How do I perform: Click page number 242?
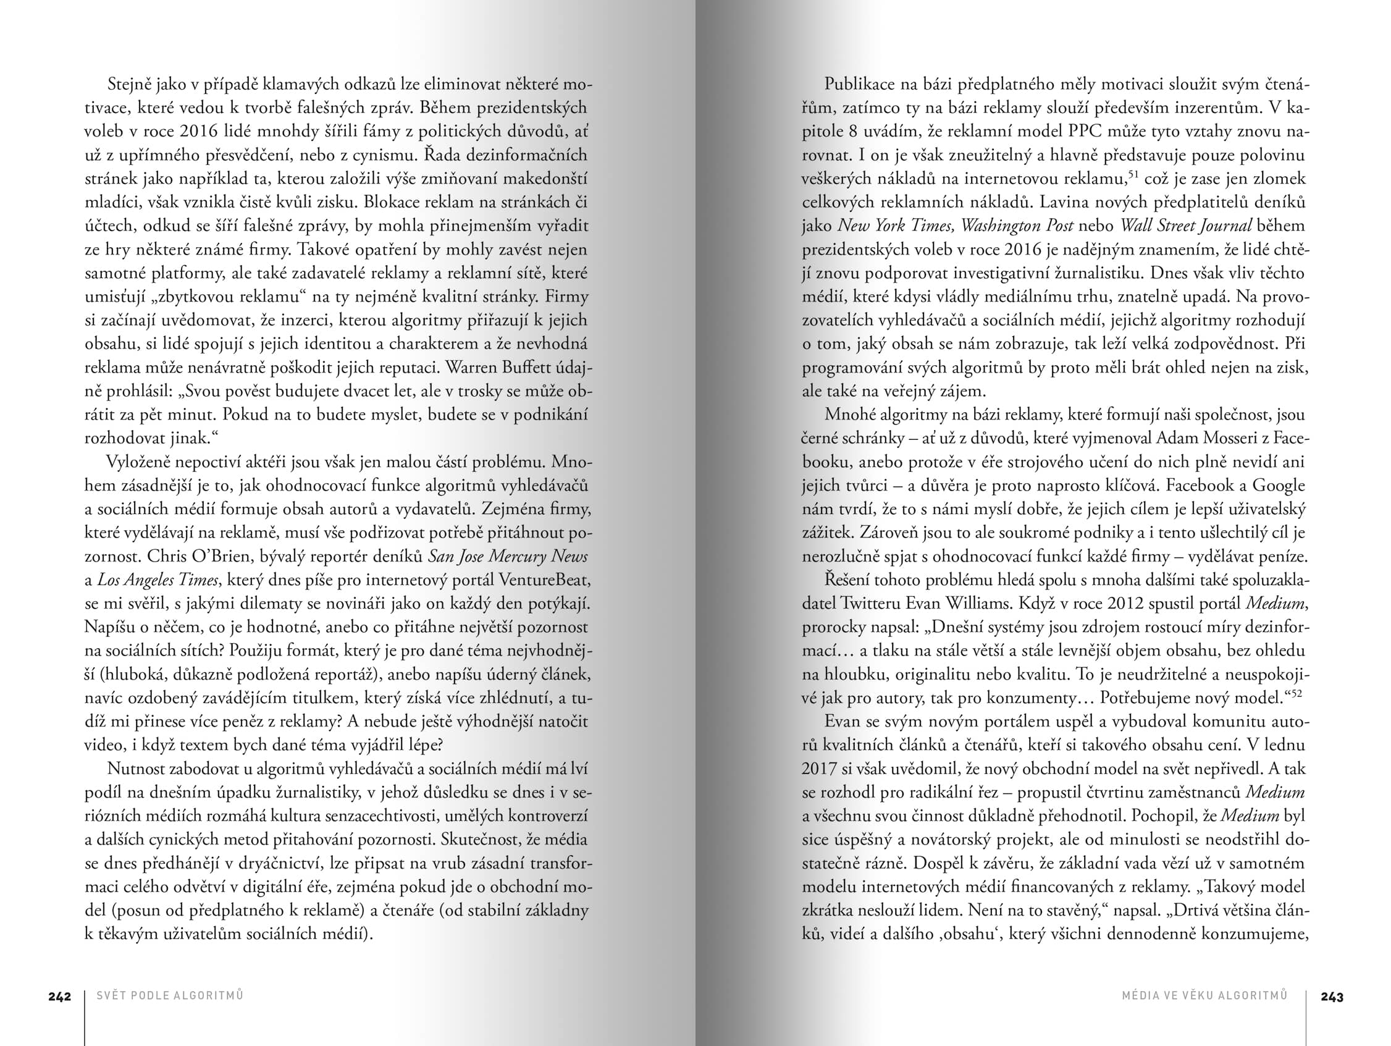60,997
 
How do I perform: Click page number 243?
1332,997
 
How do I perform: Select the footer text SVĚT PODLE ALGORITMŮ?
170,996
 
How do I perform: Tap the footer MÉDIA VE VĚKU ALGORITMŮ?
1204,996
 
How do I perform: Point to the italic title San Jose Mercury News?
508,557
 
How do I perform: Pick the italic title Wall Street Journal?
1186,226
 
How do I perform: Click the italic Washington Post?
1017,226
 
